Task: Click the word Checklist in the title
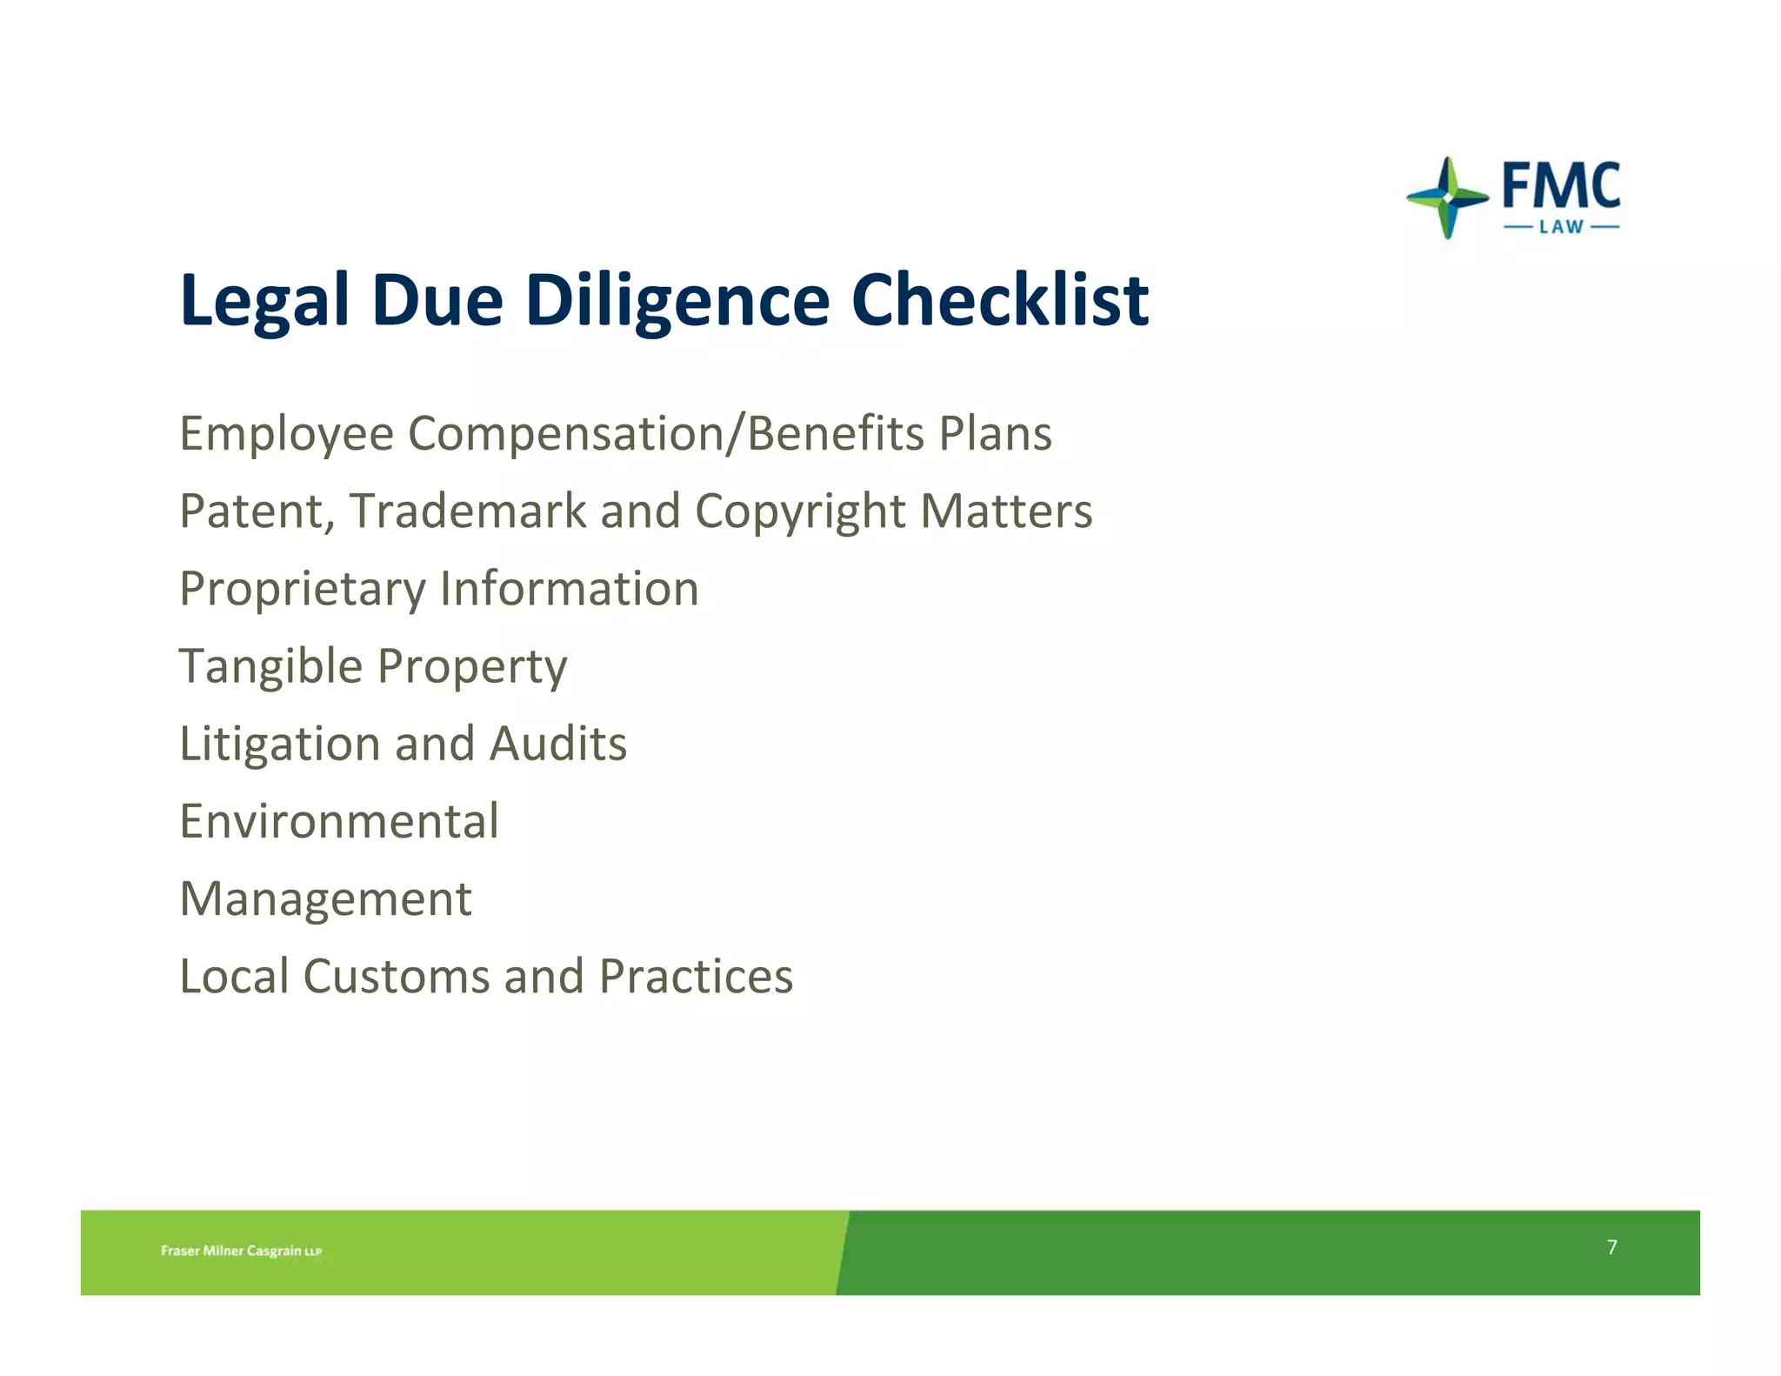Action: tap(999, 300)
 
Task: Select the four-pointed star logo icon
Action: tap(1447, 197)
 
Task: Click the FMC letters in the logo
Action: tap(1561, 185)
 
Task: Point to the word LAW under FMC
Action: tap(1561, 228)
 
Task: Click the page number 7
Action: tap(1611, 1247)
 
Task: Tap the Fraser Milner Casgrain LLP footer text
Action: tap(241, 1251)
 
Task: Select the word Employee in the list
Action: tap(286, 434)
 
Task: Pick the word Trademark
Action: tap(468, 511)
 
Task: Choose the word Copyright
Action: tap(799, 512)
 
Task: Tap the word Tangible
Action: tap(270, 667)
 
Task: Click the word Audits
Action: tap(557, 744)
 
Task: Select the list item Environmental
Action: tap(339, 821)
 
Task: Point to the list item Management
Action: tap(325, 899)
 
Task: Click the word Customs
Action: tap(396, 976)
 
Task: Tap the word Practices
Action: tap(696, 976)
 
